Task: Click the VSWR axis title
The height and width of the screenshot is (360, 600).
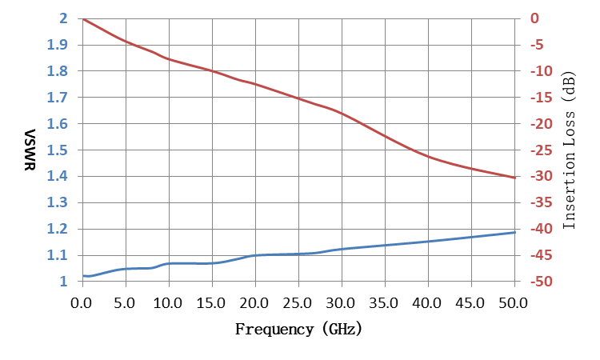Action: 30,150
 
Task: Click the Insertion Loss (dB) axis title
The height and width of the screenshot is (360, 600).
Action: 569,150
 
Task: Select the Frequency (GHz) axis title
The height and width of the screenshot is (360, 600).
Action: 298,329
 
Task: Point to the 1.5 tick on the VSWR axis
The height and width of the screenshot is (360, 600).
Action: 58,150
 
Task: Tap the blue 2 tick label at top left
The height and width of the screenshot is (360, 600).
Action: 63,18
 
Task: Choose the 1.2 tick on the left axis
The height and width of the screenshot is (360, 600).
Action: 58,229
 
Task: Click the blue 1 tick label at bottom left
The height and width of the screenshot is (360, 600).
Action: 64,282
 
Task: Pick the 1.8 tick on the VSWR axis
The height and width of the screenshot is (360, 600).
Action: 58,71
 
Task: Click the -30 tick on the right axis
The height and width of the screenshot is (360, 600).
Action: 542,176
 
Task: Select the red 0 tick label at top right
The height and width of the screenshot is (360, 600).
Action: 534,18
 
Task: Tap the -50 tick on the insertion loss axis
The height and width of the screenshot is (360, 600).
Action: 542,282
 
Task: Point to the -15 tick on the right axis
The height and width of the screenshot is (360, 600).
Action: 542,98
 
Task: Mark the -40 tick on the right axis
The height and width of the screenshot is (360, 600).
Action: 542,229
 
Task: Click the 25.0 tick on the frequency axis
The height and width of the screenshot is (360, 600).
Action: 298,303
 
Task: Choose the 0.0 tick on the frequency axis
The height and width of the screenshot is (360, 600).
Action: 81,303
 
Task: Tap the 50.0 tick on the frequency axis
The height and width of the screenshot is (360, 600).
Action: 513,303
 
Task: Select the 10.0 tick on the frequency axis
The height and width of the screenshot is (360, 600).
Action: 168,303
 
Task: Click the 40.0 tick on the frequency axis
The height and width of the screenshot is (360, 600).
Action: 426,303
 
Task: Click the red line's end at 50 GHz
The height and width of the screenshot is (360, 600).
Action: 514,178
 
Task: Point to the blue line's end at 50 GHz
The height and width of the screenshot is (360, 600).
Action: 514,232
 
